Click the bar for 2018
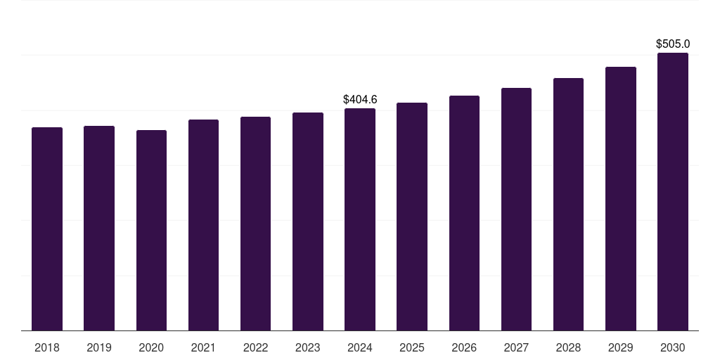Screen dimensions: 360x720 (x=47, y=229)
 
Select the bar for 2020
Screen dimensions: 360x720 (x=151, y=230)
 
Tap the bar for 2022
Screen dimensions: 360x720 (x=255, y=224)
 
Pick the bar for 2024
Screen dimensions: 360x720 (x=360, y=219)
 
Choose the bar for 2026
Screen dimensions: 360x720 (x=464, y=213)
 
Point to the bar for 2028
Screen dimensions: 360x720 (x=568, y=204)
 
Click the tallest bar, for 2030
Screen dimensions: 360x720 (x=673, y=191)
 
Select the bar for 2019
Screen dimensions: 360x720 (x=99, y=228)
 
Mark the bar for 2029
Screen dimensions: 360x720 (x=621, y=198)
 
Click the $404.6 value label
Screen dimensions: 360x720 (x=360, y=100)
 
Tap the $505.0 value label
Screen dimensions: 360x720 (x=673, y=44)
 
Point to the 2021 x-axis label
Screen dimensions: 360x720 (x=203, y=347)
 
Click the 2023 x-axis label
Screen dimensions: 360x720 (x=307, y=347)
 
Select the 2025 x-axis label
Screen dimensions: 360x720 (x=412, y=347)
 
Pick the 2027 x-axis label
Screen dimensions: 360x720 (x=516, y=347)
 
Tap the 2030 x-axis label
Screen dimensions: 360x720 (x=673, y=347)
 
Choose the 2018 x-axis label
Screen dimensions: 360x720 (x=47, y=347)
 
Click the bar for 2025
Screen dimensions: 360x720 (x=412, y=217)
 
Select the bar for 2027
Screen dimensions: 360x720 (x=516, y=209)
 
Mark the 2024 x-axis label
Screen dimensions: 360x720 (x=360, y=347)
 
